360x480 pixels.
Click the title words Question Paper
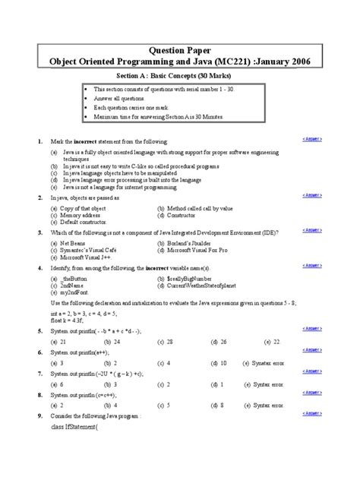click(x=179, y=45)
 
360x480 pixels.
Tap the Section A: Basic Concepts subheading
click(x=179, y=78)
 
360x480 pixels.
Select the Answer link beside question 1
click(x=312, y=140)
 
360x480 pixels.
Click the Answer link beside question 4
click(x=312, y=267)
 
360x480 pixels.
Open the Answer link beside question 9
click(x=312, y=415)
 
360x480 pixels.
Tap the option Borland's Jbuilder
click(x=190, y=243)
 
